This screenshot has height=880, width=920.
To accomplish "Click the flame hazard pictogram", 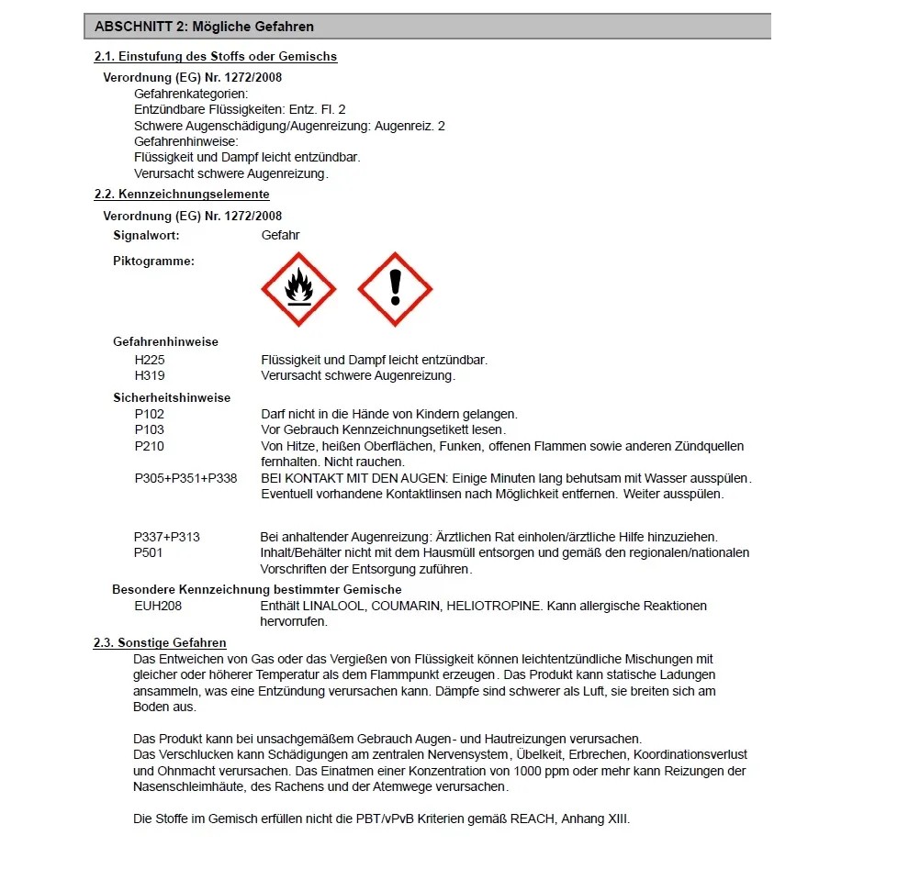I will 298,289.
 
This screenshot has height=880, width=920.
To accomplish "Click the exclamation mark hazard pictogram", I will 395,289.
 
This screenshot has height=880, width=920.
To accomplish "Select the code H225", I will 150,360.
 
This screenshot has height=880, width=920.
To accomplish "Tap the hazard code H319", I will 150,375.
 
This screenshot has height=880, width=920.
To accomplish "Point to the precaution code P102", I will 150,414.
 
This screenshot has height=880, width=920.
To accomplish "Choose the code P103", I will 150,429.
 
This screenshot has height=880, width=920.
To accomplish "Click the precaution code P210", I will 150,446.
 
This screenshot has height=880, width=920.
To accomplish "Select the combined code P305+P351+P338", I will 185,478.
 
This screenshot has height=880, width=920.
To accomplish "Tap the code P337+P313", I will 167,537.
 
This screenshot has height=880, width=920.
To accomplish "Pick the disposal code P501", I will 150,552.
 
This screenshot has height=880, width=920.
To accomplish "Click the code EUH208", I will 157,606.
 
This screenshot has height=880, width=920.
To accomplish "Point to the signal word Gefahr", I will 280,235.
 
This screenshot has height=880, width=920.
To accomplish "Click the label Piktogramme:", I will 153,261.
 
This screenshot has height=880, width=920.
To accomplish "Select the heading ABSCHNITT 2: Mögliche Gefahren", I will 204,27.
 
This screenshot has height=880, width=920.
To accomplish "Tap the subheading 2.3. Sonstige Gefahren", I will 160,642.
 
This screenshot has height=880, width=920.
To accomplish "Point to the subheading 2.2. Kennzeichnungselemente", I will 182,194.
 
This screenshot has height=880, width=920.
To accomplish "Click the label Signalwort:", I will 146,235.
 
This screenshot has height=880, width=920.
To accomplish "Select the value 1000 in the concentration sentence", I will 526,771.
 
